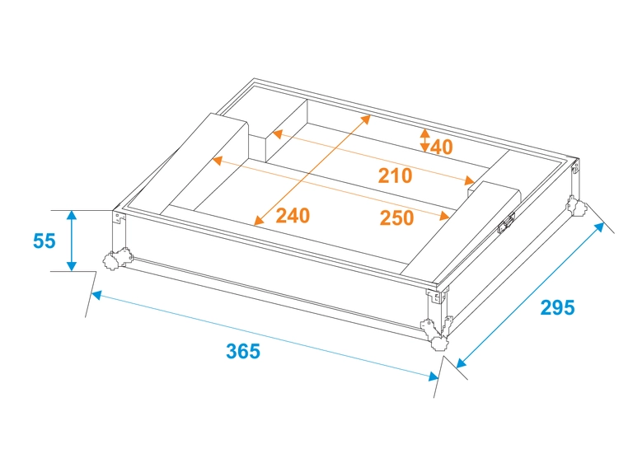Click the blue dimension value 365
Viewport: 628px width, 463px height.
243,351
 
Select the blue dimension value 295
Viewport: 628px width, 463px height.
557,308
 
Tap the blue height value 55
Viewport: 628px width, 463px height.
45,241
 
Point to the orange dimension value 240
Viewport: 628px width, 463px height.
293,216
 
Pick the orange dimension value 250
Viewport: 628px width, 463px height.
396,218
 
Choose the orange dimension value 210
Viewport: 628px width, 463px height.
395,175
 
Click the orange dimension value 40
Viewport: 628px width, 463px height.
442,147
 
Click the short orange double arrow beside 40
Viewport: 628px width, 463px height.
424,140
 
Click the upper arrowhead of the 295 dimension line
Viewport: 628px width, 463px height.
598,227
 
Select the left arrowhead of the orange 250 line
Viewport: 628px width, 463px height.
217,160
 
